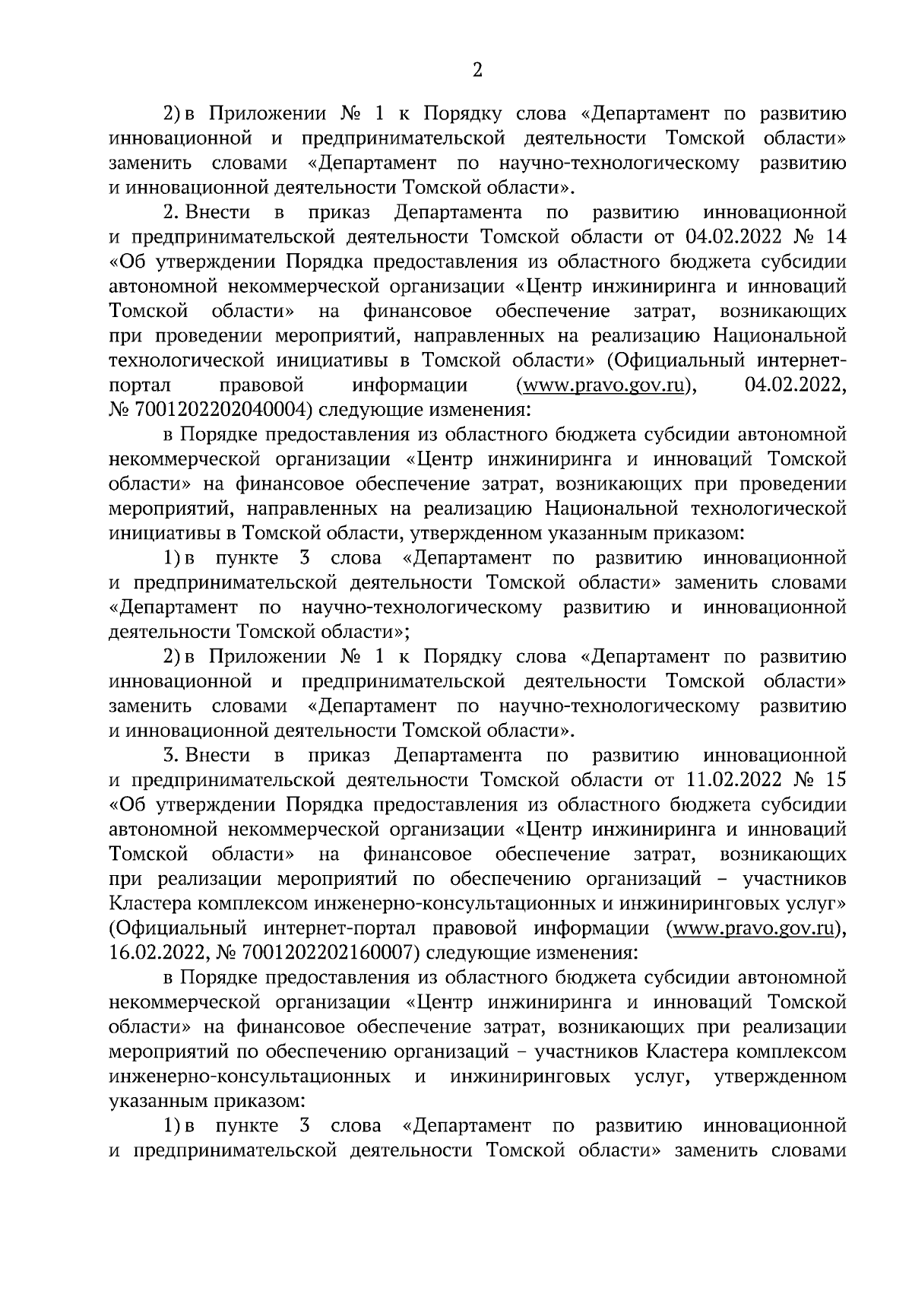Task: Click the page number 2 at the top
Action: pos(477,71)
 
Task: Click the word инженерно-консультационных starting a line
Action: pos(251,1077)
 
